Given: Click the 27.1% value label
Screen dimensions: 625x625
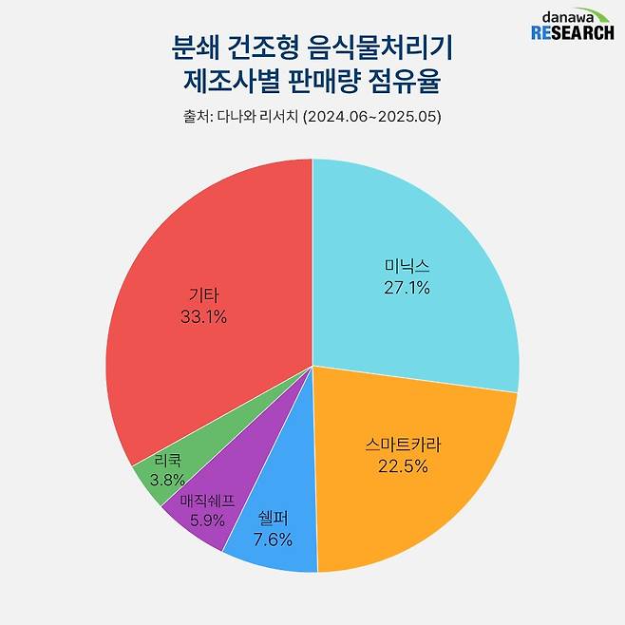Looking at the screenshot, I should click(x=407, y=287).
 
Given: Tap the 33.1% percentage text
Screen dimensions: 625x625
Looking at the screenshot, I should click(x=203, y=317).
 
